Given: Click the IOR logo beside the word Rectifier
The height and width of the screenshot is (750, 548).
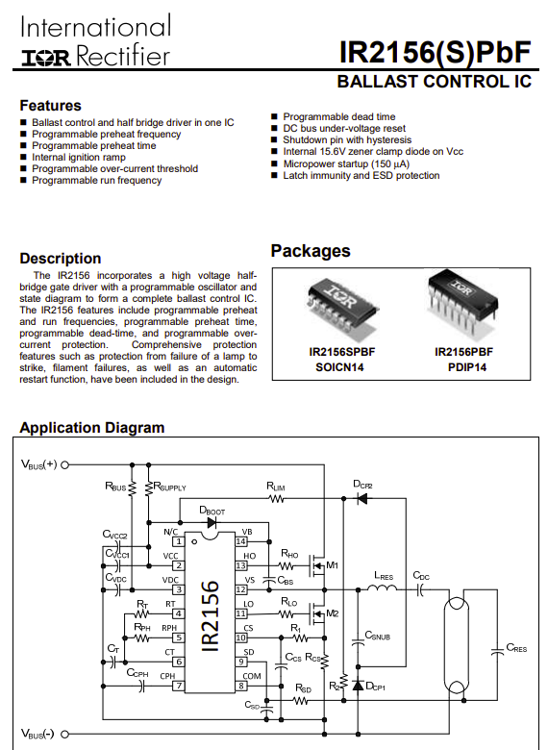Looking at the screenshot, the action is coord(45,59).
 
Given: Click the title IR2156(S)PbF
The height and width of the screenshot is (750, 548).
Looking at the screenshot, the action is coord(435,52).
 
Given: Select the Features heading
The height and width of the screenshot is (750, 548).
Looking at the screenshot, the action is coord(50,105).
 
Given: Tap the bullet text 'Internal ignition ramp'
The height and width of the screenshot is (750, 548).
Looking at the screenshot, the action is coord(79,157).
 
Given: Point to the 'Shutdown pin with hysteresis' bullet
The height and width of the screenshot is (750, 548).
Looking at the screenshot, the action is coord(347,139).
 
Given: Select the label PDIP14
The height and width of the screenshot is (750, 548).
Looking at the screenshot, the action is coord(467,367).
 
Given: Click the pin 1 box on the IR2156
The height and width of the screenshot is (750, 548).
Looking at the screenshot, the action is coord(179,541).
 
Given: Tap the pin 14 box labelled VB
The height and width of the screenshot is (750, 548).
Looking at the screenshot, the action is coord(241,541).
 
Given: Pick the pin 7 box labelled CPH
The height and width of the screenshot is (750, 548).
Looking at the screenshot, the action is coord(179,686).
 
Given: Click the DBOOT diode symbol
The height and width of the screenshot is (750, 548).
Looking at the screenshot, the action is coord(212,522).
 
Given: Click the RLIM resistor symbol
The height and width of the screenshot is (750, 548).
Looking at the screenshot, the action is coord(276,499).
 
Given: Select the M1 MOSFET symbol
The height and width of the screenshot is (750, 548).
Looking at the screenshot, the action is coord(317,565).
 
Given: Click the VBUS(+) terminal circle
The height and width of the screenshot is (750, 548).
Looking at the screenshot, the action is coord(65,464).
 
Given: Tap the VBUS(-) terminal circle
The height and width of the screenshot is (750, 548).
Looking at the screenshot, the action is coord(65,734).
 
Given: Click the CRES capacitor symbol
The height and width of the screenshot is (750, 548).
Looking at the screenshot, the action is coord(497,651).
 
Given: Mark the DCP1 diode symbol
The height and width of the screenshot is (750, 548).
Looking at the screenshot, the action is coord(358,686).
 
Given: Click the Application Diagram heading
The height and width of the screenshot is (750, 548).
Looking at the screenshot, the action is coord(91,428).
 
